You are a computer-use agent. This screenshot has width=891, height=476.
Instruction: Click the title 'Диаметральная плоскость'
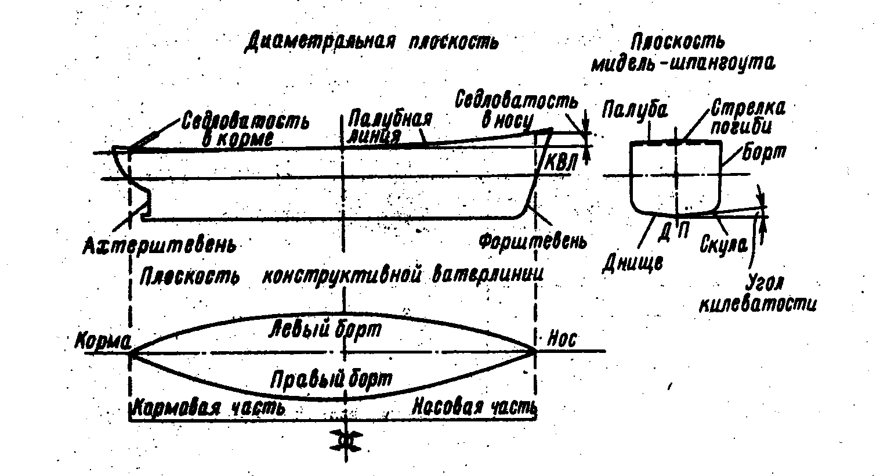point(371,42)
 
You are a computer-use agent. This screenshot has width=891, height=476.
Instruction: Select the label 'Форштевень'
point(533,240)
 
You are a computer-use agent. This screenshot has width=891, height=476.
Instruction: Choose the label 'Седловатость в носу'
point(517,110)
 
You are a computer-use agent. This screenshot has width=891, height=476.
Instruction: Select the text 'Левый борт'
point(326,330)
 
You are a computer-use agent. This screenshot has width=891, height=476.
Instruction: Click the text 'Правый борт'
point(331,379)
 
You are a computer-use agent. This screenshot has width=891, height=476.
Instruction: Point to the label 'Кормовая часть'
point(209,407)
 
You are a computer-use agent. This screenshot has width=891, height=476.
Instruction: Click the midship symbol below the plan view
point(346,441)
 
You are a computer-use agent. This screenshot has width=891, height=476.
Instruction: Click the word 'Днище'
point(632,263)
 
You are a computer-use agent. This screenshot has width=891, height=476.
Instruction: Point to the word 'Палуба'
point(636,110)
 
